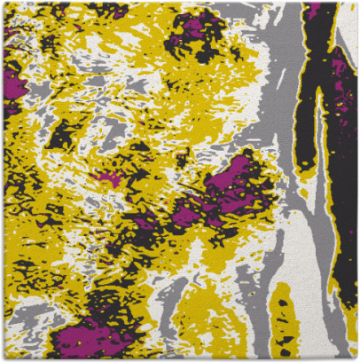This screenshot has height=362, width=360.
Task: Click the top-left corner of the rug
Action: click(x=3, y=3)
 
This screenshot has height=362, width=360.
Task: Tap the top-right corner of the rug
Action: click(x=356, y=3)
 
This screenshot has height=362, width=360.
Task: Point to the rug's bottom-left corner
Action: click(x=3, y=359)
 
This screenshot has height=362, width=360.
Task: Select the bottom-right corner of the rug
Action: click(x=356, y=359)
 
